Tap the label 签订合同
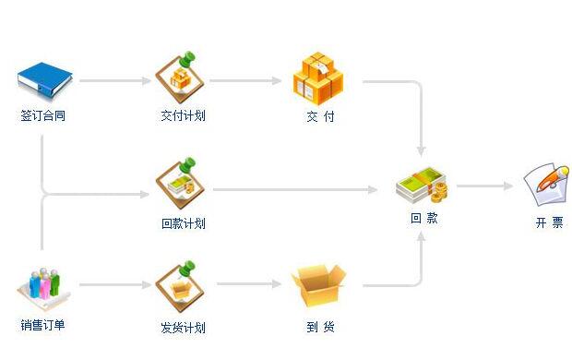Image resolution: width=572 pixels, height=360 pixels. coord(42,116)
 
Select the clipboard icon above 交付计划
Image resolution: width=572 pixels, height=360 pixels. coord(182,75)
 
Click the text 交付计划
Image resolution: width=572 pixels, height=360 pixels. coord(182,116)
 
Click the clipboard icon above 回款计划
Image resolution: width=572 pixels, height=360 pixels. coord(182,183)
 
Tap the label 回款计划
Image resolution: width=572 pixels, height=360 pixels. coord(183,223)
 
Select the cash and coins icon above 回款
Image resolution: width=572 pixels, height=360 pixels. coord(422,186)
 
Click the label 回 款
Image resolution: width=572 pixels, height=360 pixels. coord(424,219)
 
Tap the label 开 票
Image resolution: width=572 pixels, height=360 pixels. coord(549,222)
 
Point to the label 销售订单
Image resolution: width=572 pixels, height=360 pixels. coord(42,324)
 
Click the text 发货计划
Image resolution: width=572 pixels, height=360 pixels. coord(182,327)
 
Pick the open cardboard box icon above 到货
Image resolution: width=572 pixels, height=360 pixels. coord(317,286)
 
